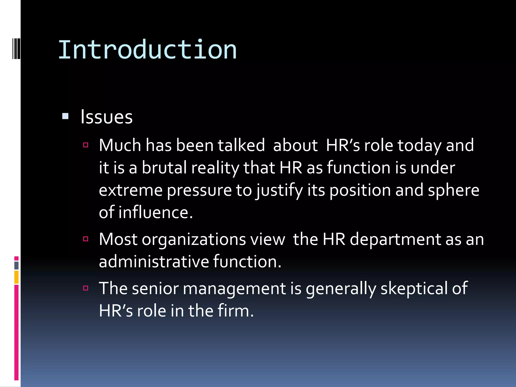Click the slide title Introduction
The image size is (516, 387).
[147, 50]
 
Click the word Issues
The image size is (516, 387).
[106, 117]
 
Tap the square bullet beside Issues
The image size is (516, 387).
[65, 116]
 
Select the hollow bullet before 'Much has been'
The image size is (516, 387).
[86, 145]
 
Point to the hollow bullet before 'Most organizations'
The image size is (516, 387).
[86, 239]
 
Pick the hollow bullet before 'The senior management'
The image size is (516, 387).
[86, 288]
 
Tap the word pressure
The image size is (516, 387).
[199, 190]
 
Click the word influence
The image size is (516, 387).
[155, 212]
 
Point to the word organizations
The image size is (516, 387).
[194, 239]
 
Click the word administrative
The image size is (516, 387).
[154, 261]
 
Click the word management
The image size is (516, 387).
[234, 288]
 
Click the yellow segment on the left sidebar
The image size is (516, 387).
[16, 277]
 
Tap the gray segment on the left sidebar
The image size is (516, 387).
[16, 265]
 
